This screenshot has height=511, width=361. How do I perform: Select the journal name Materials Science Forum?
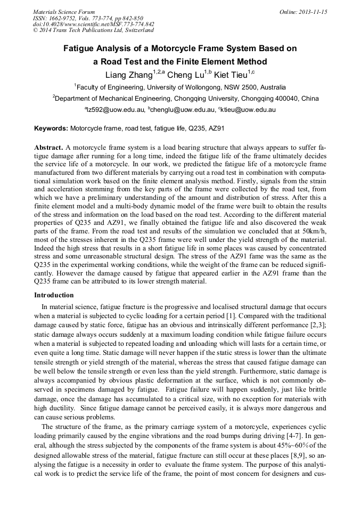[64, 12]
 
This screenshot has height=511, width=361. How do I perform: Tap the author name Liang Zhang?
[128, 75]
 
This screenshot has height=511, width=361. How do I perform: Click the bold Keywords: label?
[51, 128]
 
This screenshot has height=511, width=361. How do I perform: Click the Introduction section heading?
[54, 295]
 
